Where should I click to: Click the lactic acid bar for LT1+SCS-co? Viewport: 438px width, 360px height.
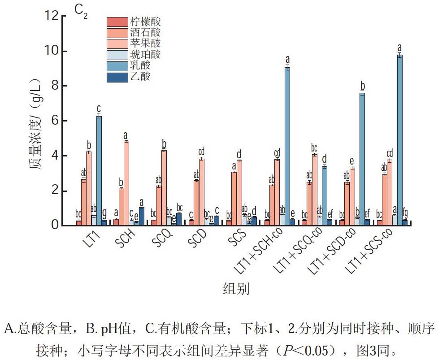point(400,140)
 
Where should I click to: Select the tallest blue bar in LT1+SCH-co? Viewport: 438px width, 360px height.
point(287,146)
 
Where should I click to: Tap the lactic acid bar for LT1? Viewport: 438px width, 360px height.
point(99,171)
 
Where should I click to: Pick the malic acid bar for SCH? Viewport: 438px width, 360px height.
point(126,183)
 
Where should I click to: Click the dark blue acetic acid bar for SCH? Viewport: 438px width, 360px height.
point(141,217)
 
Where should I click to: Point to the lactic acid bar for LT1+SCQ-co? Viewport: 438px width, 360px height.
point(325,196)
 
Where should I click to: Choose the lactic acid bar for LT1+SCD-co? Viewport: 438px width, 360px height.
point(362,159)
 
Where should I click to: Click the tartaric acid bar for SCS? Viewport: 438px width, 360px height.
point(234,199)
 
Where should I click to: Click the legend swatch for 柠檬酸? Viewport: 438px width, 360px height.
point(117,22)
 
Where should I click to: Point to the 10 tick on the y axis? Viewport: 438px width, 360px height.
point(63,51)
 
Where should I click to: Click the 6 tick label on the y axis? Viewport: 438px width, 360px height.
point(55,121)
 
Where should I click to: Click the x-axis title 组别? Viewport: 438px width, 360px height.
point(236,288)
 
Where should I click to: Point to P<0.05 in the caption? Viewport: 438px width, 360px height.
point(310,350)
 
